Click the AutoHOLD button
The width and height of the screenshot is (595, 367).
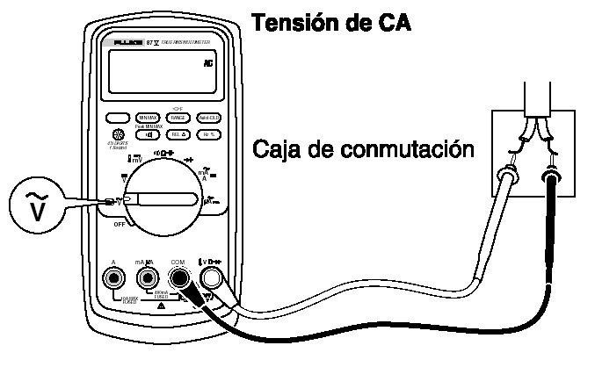(x=208, y=118)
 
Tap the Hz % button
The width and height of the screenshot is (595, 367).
(x=208, y=134)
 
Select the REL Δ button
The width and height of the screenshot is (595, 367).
(x=178, y=134)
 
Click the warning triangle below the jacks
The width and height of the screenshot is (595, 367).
(x=162, y=305)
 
